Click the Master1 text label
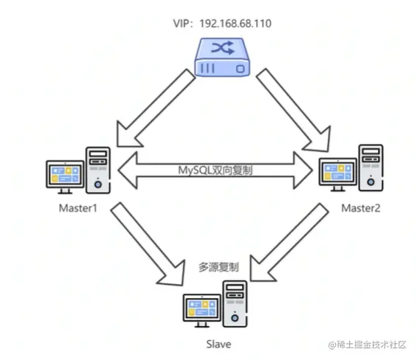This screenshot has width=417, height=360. pyautogui.click(x=79, y=207)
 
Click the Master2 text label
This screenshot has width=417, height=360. pyautogui.click(x=361, y=209)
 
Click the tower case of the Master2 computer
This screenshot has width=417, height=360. pyautogui.click(x=371, y=166)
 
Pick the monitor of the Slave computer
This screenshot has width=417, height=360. pyautogui.click(x=203, y=310)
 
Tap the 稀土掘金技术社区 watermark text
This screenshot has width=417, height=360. pyautogui.click(x=372, y=345)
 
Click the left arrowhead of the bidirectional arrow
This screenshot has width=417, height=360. pyautogui.click(x=125, y=168)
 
